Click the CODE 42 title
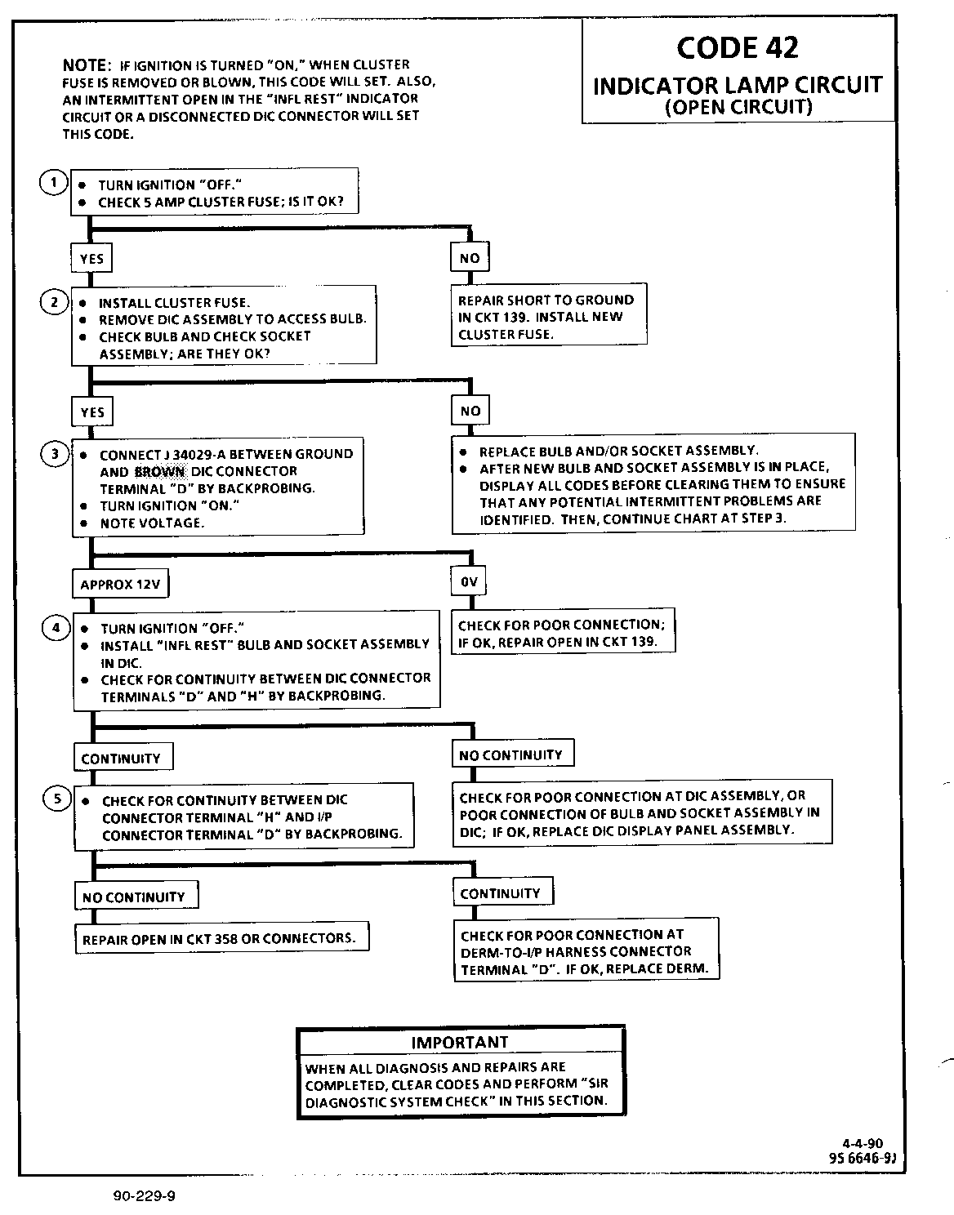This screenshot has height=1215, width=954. pos(738,47)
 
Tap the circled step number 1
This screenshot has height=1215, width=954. pos(53,183)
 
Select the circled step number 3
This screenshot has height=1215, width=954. pos(55,454)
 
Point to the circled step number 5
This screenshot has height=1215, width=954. pos(57,799)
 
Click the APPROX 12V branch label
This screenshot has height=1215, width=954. pos(119,585)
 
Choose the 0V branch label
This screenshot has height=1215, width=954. pos(469,582)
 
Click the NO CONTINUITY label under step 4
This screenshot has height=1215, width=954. pos(511,755)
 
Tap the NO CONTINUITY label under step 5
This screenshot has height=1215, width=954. pos(134,897)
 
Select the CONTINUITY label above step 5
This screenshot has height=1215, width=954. pos(121,759)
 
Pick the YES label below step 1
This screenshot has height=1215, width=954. pos(91,259)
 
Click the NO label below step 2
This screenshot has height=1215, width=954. pos(470,411)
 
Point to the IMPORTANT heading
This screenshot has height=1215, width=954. pos(460,1043)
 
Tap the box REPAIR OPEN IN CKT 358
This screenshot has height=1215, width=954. pos(220,938)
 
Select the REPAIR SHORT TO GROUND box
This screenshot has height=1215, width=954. pos(546,317)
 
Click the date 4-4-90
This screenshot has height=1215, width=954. pos(862,1144)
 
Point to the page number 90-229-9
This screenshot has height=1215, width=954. pos(145,1196)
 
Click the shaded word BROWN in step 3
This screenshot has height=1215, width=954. pos(160,471)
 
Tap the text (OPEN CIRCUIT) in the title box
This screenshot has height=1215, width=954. pos(738,107)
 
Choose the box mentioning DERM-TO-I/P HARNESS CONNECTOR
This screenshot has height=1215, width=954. pos(585,952)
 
